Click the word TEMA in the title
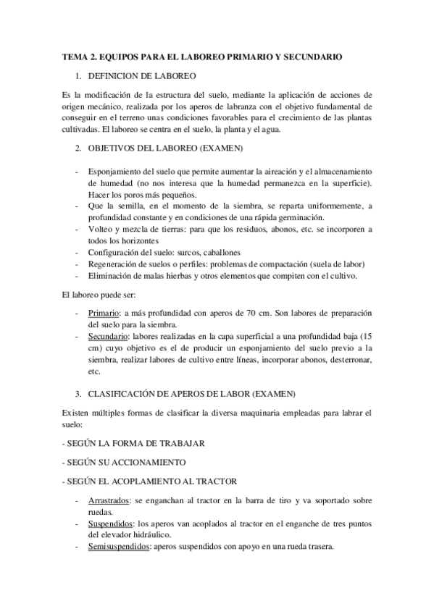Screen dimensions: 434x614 click(x=73, y=56)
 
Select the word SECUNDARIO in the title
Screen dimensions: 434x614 click(x=312, y=56)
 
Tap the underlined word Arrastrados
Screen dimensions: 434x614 click(x=109, y=500)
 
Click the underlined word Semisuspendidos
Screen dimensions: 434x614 click(x=117, y=547)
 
